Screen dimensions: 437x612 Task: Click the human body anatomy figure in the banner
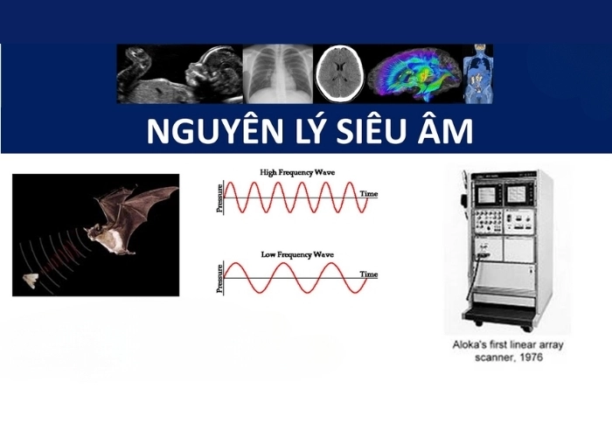[x=477, y=73]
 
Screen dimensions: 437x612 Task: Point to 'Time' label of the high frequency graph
[x=369, y=192]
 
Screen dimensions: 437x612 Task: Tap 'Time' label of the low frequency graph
[x=369, y=274]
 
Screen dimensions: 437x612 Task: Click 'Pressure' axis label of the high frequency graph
[x=220, y=198]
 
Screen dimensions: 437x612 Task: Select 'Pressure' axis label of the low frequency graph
[x=220, y=279]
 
